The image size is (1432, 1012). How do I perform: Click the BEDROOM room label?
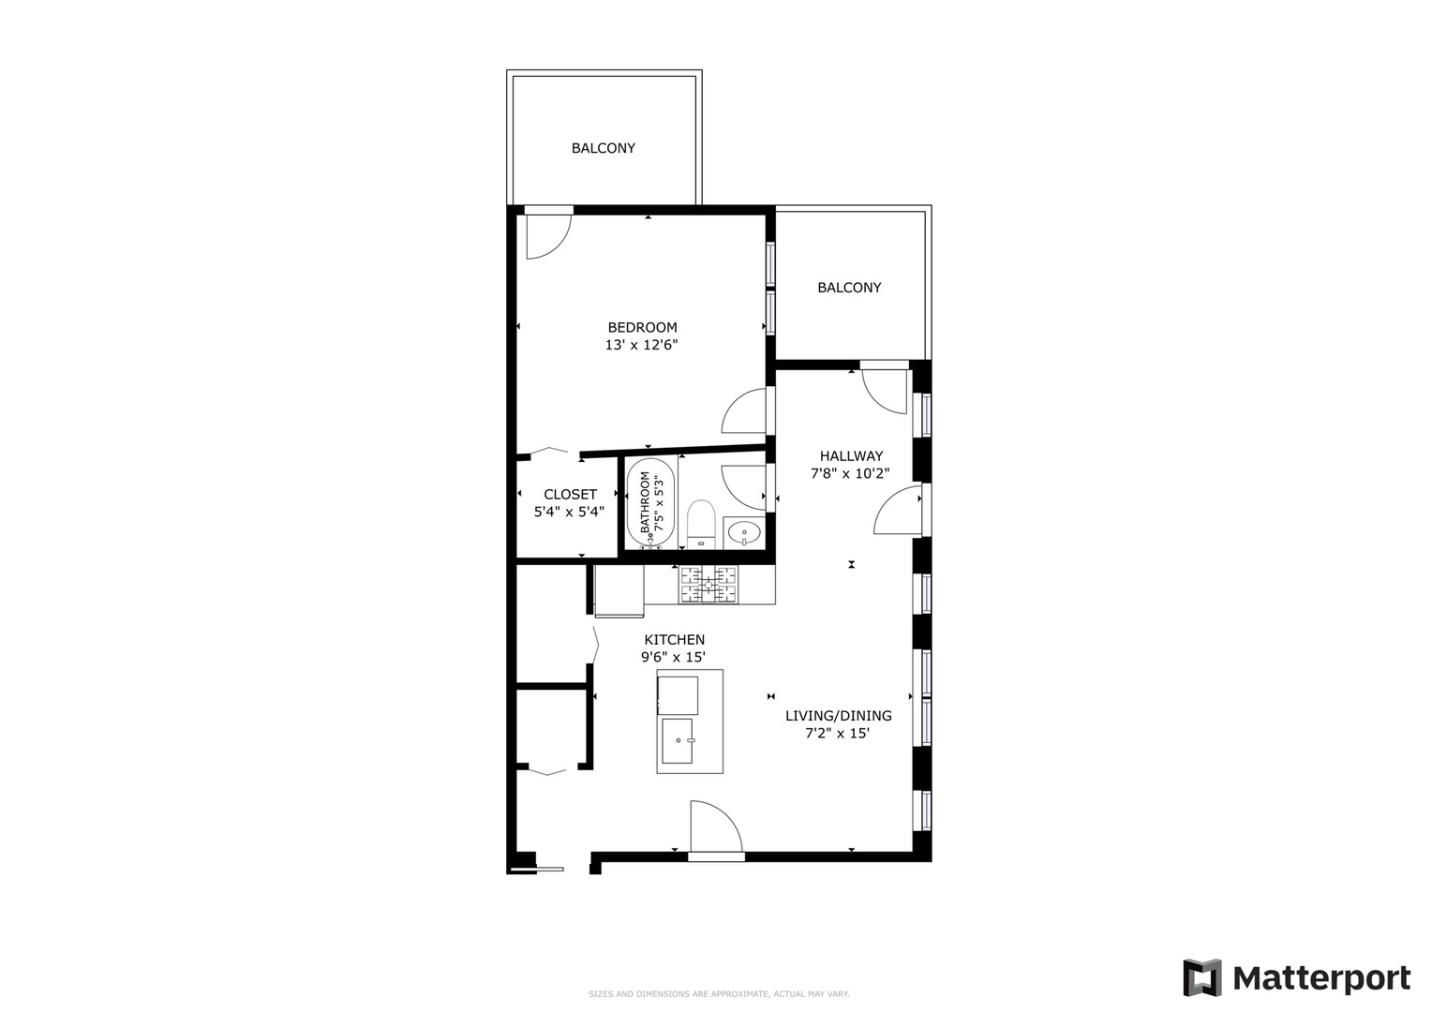642,327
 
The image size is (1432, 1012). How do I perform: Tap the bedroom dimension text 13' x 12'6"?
641,345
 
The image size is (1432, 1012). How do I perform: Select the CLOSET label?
570,494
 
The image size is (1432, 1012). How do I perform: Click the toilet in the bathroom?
701,522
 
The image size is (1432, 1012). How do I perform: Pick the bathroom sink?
745,532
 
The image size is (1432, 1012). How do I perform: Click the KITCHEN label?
674,639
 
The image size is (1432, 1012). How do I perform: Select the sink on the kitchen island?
677,740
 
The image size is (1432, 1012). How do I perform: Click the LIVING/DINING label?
838,716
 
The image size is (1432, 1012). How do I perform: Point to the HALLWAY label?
851,456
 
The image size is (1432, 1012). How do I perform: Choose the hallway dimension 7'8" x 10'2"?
850,474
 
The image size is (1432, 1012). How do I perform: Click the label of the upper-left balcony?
604,148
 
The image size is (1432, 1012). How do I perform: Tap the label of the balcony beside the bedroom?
849,288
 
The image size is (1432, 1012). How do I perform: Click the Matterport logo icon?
1202,978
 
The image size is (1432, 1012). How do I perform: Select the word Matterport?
1321,978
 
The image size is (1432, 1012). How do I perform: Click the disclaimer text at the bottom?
719,993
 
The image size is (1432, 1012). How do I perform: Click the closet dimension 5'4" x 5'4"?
569,512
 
